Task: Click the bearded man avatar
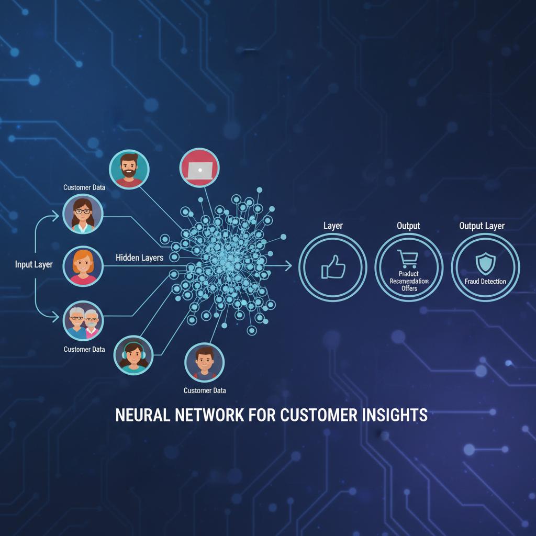pyautogui.click(x=129, y=169)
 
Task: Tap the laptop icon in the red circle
pyautogui.click(x=199, y=168)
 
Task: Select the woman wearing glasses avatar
pyautogui.click(x=83, y=214)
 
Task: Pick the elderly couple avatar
pyautogui.click(x=83, y=320)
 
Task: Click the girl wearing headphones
pyautogui.click(x=133, y=355)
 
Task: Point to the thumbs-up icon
pyautogui.click(x=333, y=267)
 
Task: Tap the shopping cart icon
pyautogui.click(x=408, y=259)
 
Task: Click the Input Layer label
pyautogui.click(x=34, y=264)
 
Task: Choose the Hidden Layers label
pyautogui.click(x=139, y=258)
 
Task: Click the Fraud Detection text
pyautogui.click(x=485, y=282)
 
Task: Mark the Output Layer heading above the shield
pyautogui.click(x=482, y=226)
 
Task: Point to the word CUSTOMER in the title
pyautogui.click(x=318, y=415)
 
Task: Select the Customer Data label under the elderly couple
pyautogui.click(x=84, y=349)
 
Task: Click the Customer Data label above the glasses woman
pyautogui.click(x=84, y=187)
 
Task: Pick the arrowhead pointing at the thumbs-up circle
pyautogui.click(x=289, y=266)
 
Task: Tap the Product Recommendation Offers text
pyautogui.click(x=409, y=281)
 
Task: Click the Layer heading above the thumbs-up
pyautogui.click(x=333, y=226)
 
